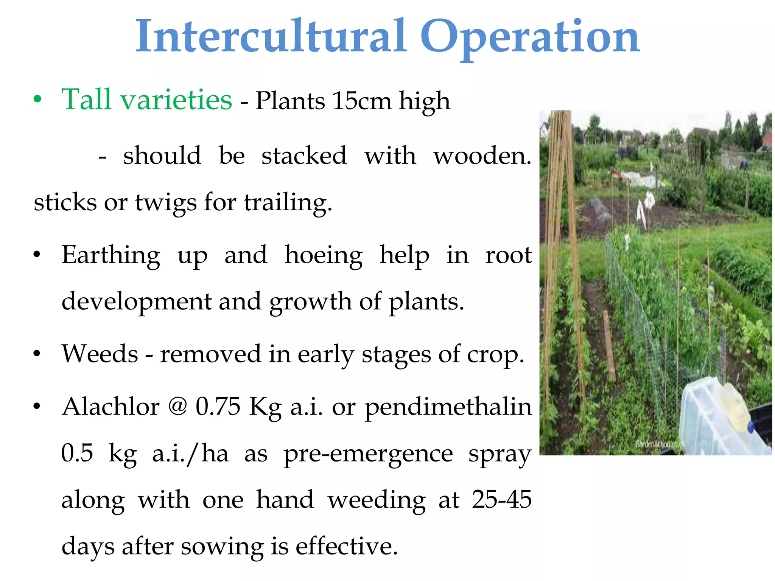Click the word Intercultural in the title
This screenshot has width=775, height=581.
point(271,37)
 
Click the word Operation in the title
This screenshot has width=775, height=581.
point(529,38)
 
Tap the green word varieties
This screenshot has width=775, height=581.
point(176,99)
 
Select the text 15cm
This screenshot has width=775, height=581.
point(362,101)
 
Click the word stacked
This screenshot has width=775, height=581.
point(304,155)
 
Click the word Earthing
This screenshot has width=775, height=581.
point(111,256)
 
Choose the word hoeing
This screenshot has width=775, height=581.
point(324,256)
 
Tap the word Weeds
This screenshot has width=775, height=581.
point(100,354)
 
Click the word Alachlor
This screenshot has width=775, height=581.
point(111,407)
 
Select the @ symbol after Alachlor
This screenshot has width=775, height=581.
point(177,407)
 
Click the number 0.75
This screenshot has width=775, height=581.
point(218,407)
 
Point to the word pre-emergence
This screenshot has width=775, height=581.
point(368,454)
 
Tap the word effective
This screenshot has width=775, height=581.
point(346,546)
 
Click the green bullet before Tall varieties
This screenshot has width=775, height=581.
point(37,100)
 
